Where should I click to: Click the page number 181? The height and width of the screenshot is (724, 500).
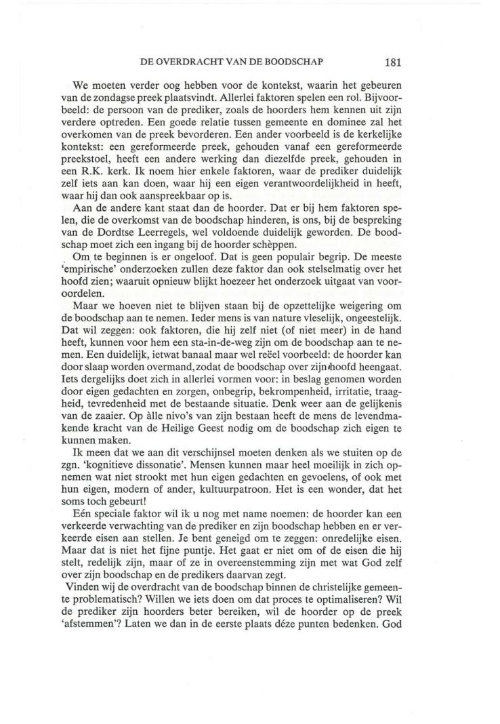coord(394,61)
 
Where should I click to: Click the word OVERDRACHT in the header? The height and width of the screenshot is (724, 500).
coord(192,61)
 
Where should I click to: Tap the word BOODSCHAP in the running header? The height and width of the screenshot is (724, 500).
coord(295,61)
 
